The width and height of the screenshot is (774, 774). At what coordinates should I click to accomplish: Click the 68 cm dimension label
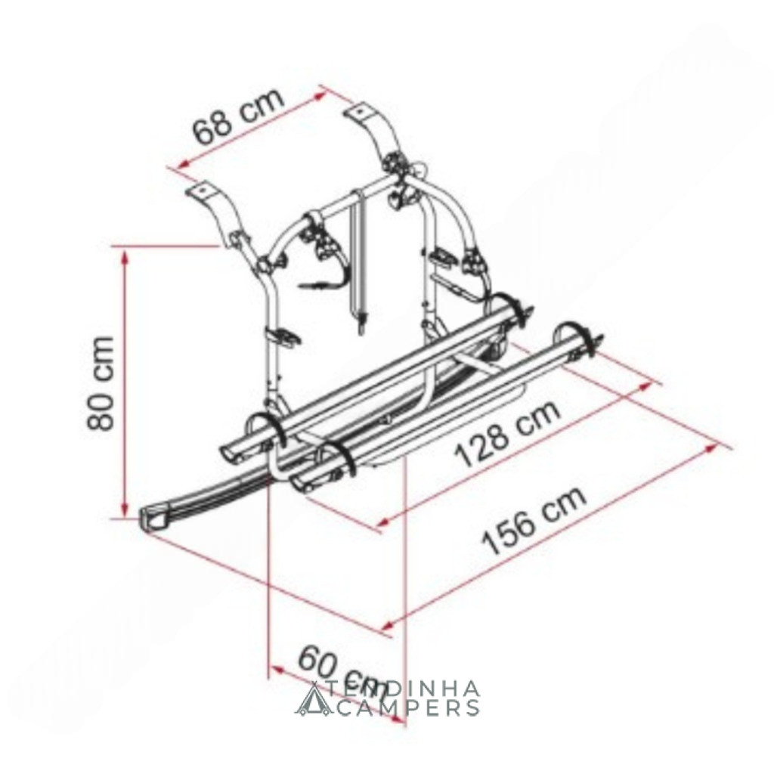click(239, 116)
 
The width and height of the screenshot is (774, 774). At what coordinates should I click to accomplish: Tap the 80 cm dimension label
click(101, 383)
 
